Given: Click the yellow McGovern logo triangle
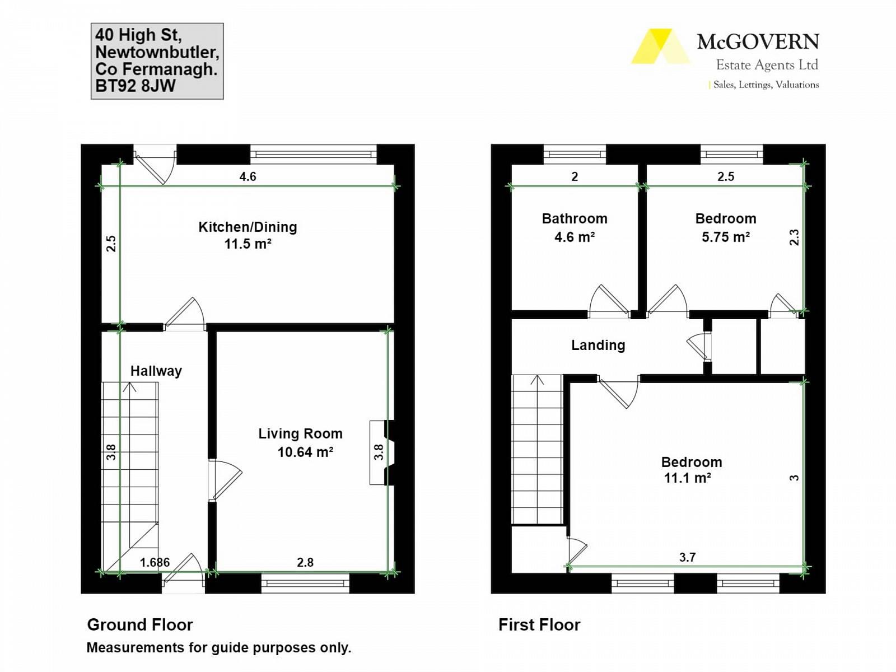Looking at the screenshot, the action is [660, 46].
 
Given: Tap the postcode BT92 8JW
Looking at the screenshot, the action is [135, 86].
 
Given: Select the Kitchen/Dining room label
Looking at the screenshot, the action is [248, 227].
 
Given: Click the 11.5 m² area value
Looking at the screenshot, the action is [248, 244].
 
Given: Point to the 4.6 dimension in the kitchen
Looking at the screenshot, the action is [248, 176].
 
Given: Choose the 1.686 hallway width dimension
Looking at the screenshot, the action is [155, 563].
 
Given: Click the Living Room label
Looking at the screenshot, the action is [300, 433].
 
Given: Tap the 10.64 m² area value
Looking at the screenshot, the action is [305, 452].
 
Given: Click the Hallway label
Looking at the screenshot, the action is [156, 371].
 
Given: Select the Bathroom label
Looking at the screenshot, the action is [575, 219].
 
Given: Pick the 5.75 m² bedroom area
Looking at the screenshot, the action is [725, 237].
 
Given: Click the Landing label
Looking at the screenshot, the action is [598, 345].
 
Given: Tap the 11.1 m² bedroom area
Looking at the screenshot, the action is [688, 478].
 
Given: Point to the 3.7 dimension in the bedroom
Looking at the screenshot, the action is [688, 557].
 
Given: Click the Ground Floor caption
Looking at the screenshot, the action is [140, 624].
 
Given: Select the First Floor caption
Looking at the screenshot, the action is [539, 624].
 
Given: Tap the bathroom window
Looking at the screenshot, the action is [575, 154].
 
